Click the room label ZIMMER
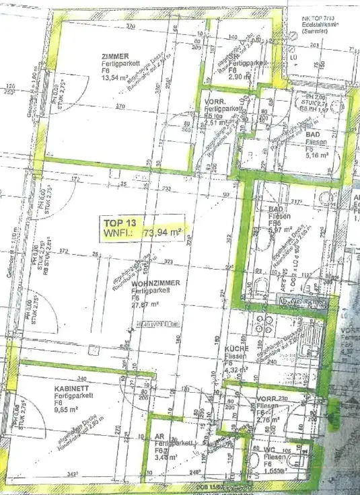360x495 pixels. tap(96, 56)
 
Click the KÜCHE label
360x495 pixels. tap(238, 349)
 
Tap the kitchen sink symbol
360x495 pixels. tap(310, 356)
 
